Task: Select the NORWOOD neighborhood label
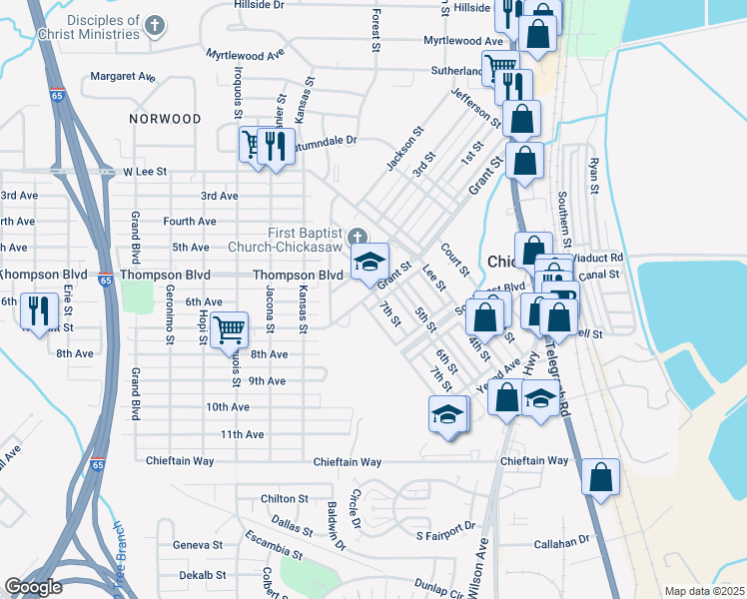click(165, 119)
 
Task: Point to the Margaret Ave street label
click(123, 76)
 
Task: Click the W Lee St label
click(143, 172)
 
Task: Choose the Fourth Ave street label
click(190, 222)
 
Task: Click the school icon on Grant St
click(370, 263)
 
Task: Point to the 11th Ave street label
click(242, 434)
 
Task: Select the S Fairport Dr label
click(445, 533)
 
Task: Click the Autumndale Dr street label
click(323, 141)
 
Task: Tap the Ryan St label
click(594, 175)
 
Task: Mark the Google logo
click(34, 587)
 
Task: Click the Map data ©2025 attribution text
click(704, 591)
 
